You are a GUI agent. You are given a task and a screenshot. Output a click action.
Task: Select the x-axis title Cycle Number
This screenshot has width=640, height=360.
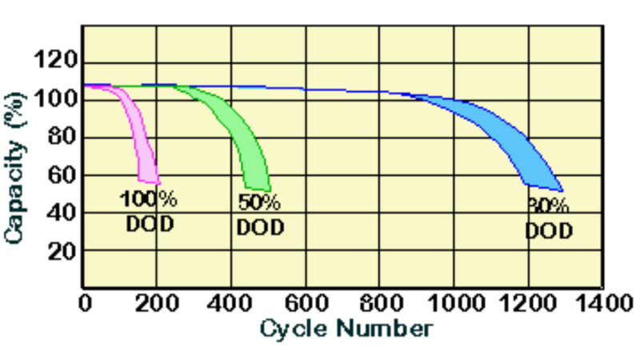click(x=346, y=328)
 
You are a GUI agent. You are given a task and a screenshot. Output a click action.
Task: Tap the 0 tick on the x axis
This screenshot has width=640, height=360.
click(x=85, y=303)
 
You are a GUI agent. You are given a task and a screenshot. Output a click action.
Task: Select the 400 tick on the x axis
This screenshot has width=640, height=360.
click(x=231, y=303)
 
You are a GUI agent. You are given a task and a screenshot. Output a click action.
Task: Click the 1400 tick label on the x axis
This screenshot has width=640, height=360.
click(x=601, y=303)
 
